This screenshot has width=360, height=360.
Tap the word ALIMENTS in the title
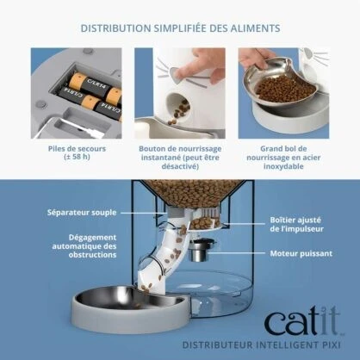(251, 28)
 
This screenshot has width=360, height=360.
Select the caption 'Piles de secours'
(73, 147)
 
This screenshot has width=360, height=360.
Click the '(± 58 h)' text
(73, 157)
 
